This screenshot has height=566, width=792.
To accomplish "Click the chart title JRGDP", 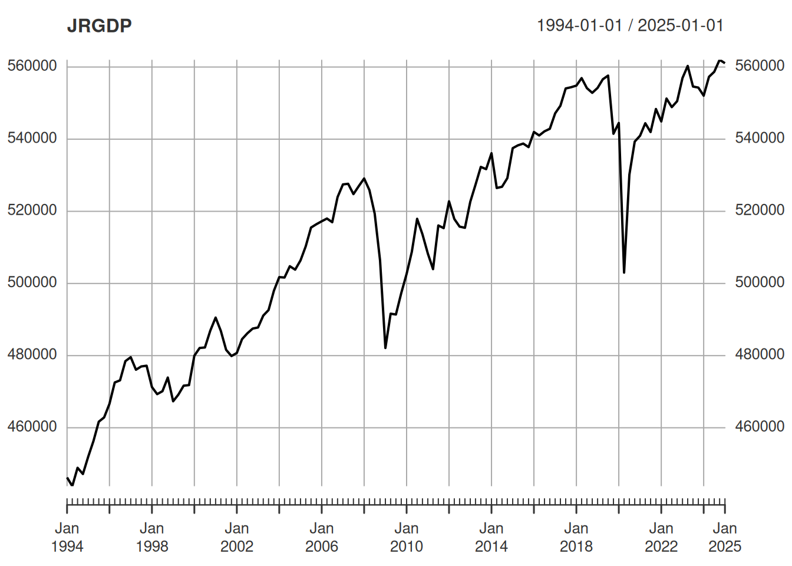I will coord(99,26).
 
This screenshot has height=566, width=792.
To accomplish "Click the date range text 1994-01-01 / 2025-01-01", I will coord(630,25).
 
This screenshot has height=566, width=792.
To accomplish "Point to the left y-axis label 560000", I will coord(32,65).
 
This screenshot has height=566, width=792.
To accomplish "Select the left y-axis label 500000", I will coord(32,282).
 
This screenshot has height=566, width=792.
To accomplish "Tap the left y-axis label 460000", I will coord(32,427).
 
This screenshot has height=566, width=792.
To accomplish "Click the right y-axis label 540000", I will coord(760,138).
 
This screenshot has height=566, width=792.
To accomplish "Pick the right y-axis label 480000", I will coord(760,354).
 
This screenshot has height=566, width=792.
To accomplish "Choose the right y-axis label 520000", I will coord(760,210).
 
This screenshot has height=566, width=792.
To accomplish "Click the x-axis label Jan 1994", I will coord(67,537).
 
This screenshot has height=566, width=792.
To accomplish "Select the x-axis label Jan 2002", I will coord(237,537).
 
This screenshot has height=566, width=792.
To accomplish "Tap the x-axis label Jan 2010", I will coord(407,537).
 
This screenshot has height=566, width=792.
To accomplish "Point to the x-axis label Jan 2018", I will coord(576,537).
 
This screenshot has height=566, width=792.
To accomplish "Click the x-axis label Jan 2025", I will coord(725,537).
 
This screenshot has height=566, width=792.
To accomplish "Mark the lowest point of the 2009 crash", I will coord(385,348).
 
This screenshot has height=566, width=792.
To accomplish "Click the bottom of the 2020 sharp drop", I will coord(624,272).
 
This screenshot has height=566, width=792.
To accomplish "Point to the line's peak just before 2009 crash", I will coord(364,178).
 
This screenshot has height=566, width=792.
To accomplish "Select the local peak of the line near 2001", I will coord(216,318).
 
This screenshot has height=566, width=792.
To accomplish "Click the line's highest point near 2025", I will coord(720,60).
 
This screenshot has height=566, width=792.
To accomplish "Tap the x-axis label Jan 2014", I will coord(491,537).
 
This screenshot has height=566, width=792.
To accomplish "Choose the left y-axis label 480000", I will coord(32,354).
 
